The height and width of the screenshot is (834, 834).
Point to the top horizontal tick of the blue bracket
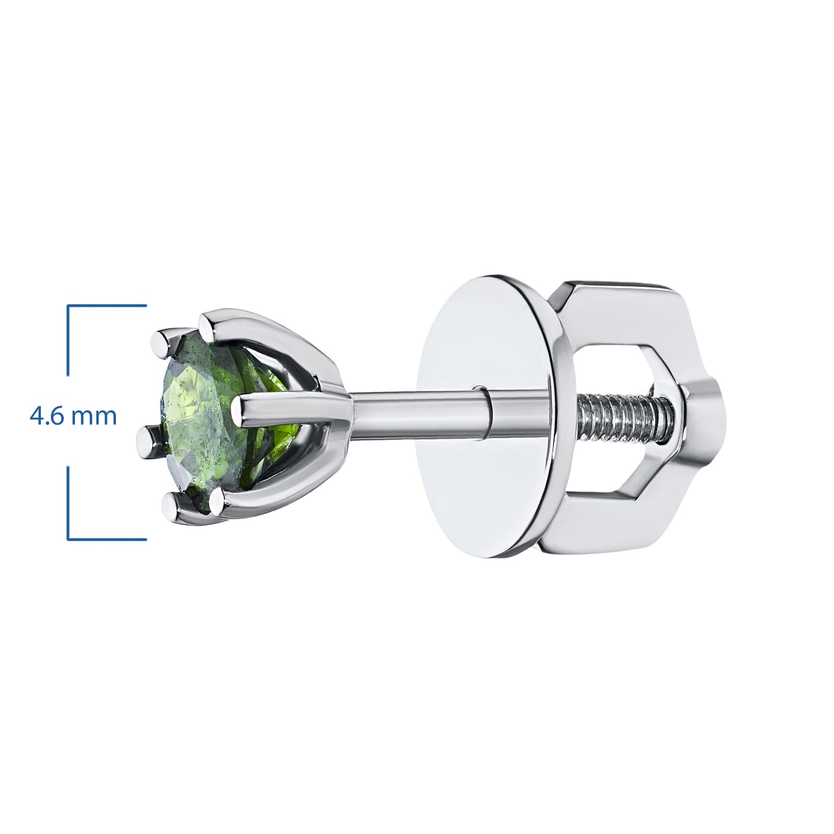tap(107, 305)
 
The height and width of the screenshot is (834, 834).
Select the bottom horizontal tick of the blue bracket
tap(107, 540)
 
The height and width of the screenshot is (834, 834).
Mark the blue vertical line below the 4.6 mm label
tap(69, 502)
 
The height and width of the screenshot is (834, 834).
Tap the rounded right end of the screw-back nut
tap(707, 416)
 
